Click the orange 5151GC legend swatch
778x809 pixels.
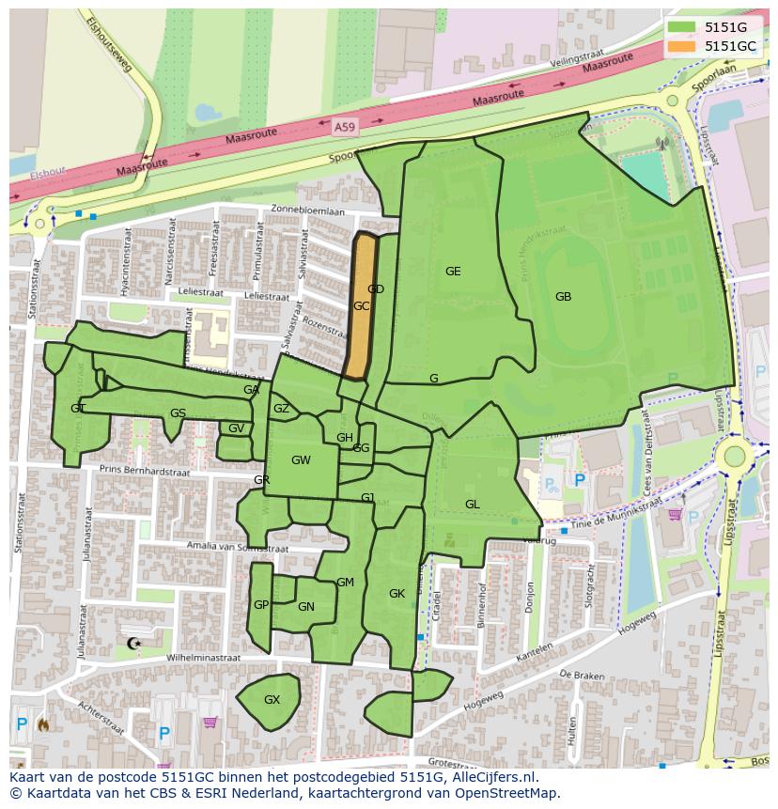[684, 46]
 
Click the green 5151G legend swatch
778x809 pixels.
[684, 28]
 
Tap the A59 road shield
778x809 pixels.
[345, 124]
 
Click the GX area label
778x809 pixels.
[272, 700]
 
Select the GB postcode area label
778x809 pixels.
[563, 297]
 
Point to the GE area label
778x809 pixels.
[453, 272]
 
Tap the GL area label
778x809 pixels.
[472, 505]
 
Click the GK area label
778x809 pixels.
[397, 594]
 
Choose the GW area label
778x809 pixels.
[301, 460]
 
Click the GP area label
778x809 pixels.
[261, 605]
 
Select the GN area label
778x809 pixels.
[305, 607]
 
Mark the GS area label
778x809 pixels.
[178, 413]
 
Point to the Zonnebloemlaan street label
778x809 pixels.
[307, 211]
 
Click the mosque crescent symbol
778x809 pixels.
[132, 644]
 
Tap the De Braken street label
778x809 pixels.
[581, 675]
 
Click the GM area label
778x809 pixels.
[345, 583]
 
